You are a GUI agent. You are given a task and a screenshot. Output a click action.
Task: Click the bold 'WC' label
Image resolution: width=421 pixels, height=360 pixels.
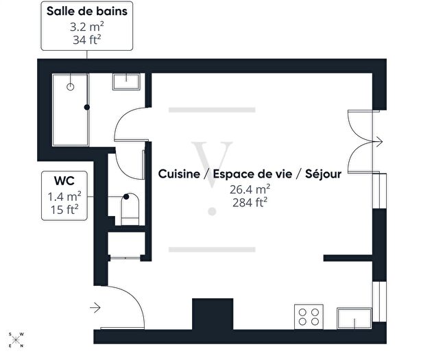pos(64,182)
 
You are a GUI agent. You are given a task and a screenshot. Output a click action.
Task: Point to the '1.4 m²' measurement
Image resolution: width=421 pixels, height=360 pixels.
pos(64,197)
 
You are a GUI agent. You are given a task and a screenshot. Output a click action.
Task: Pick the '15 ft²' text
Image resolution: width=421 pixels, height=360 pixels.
pos(64,210)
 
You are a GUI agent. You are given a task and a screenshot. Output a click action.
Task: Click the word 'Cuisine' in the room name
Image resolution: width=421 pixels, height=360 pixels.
pos(180,174)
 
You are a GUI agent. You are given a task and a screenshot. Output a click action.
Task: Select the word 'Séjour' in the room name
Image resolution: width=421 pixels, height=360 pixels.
pos(324,174)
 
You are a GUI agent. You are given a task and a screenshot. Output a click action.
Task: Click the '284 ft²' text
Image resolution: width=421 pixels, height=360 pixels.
pos(250,202)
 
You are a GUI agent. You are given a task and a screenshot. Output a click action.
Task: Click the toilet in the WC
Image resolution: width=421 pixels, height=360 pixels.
pos(130,208)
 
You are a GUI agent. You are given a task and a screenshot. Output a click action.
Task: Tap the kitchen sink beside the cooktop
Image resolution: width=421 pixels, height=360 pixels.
pos(352,318)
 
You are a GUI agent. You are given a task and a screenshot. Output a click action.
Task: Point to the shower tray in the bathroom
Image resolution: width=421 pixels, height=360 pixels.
pos(69,107)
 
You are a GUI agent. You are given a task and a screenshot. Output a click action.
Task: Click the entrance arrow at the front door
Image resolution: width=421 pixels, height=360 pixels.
pos(95,307)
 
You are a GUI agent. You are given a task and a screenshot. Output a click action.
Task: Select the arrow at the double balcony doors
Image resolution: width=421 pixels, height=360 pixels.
pos(376,143)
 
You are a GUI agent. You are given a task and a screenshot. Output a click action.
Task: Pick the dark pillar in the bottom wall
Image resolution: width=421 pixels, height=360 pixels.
pos(205,315)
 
